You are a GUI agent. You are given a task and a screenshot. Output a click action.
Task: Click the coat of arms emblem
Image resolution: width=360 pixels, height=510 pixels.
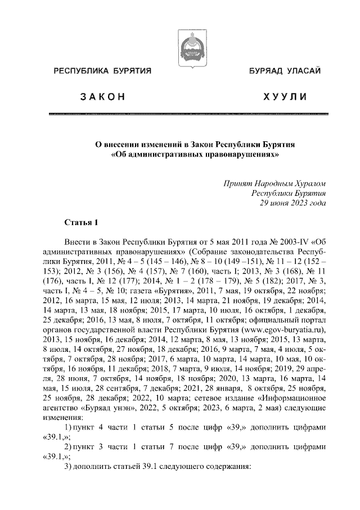188,48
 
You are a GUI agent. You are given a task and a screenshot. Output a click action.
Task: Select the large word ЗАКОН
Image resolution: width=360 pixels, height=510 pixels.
102,98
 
